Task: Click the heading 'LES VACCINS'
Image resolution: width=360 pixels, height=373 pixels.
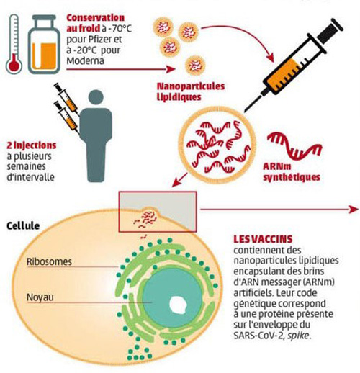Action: click(261, 238)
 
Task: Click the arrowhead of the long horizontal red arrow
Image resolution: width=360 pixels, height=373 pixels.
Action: click(353, 210)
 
